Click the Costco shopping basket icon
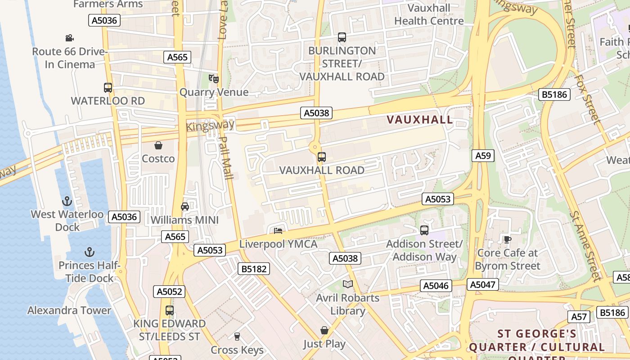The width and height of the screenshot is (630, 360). click(158, 145)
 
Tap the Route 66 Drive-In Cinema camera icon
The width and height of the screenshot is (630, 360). click(69, 38)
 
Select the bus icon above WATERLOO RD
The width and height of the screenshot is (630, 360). click(108, 88)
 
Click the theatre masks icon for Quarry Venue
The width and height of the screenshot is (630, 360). click(214, 79)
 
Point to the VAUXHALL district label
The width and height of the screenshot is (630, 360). click(420, 120)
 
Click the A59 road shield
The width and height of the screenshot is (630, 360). click(483, 156)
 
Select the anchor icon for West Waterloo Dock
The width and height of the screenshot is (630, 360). click(67, 201)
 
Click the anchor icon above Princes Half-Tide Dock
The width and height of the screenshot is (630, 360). click(90, 252)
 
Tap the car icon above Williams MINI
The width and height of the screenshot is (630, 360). click(184, 207)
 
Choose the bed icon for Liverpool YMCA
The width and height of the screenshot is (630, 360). click(278, 231)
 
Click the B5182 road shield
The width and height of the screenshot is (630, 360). click(254, 269)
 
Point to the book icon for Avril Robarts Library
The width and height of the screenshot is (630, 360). click(348, 284)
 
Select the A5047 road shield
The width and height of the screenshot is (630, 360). click(483, 284)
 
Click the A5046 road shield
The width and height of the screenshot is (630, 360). click(436, 286)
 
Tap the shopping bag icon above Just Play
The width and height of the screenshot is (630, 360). click(324, 331)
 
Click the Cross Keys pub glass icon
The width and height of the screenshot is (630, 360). click(237, 336)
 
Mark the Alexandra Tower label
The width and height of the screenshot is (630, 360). click(69, 310)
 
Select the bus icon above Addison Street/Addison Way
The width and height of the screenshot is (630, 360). click(424, 230)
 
